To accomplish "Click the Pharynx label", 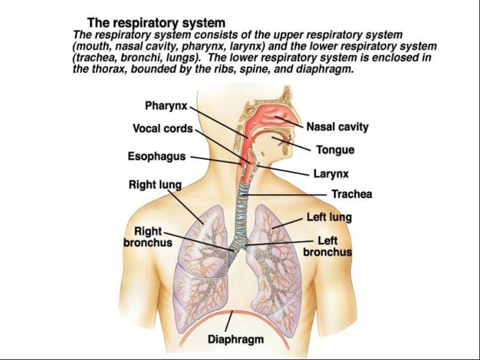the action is [166, 106].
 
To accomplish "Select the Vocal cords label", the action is [163, 128].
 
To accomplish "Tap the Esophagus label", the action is [157, 157].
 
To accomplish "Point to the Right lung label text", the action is [155, 185].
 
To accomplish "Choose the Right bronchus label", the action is [148, 237].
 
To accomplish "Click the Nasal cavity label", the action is [338, 127].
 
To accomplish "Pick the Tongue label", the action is [335, 150].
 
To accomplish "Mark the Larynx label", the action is [331, 174].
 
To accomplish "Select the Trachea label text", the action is [352, 194].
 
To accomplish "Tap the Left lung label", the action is [329, 217].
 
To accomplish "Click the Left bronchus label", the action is [327, 246].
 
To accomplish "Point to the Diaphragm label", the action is [236, 339].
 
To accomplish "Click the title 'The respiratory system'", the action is [156, 23].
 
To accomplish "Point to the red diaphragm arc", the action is [233, 312].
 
